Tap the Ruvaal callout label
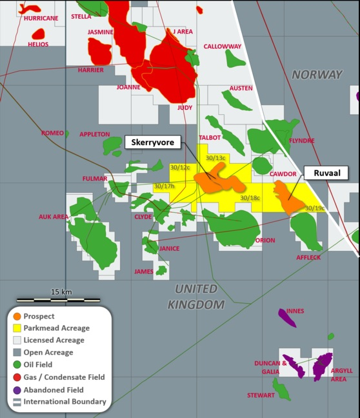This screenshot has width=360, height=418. [325, 172]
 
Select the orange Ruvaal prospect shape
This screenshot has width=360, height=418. [287, 197]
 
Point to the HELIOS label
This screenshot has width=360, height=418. [38, 45]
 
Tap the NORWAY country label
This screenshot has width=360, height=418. [317, 75]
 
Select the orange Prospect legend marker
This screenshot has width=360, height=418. [17, 316]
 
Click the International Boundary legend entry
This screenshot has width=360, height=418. [65, 401]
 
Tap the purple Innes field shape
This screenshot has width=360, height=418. [287, 317]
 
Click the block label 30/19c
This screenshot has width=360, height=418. [315, 208]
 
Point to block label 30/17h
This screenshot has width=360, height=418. [164, 186]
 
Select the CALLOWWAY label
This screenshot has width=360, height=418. [222, 46]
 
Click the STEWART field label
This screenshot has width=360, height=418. [261, 395]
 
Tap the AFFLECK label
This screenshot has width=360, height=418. [308, 257]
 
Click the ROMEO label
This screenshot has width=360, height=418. [52, 133]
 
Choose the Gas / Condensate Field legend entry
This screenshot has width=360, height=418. [63, 377]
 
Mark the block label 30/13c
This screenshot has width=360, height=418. [215, 158]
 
